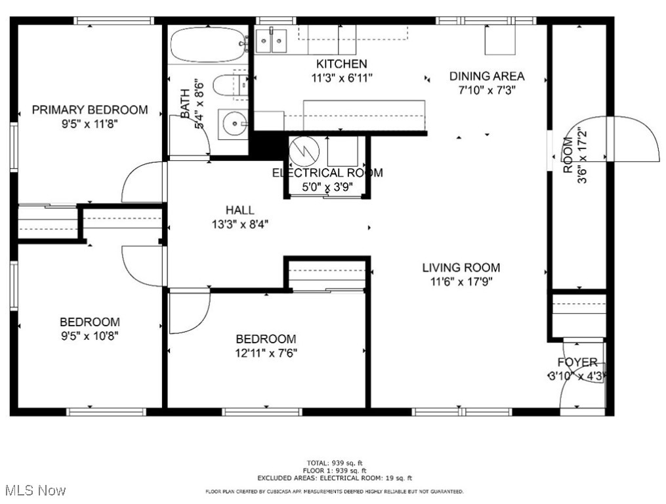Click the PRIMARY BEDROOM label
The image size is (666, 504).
(90, 110)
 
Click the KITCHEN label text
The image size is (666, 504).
(341, 64)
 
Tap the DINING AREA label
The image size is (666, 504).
(487, 76)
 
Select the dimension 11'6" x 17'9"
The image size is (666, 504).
(461, 282)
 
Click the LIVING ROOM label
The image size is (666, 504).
(461, 268)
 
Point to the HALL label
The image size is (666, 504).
(239, 210)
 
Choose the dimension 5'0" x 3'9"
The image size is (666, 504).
(327, 186)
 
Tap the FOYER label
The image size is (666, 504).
(577, 362)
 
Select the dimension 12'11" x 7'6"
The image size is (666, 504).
(266, 353)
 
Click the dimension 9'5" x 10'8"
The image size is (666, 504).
(90, 335)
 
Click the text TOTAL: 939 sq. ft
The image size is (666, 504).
(335, 463)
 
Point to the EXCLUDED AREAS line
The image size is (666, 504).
(335, 478)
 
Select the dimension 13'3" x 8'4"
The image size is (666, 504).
(239, 224)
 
